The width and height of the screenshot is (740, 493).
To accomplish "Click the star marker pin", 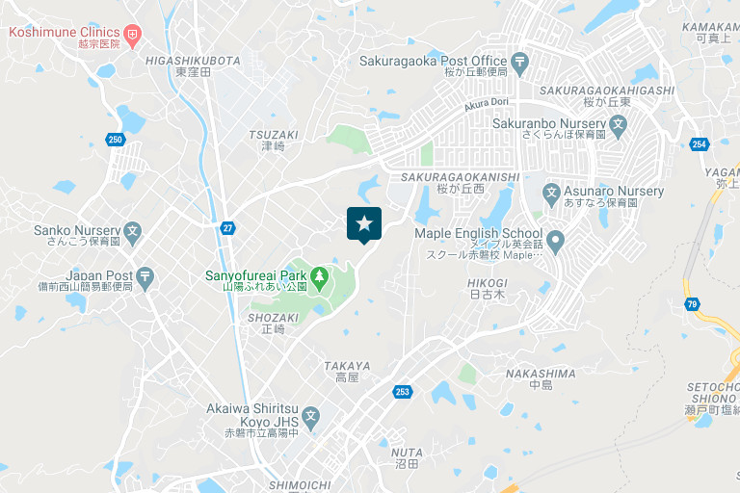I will point(364,224).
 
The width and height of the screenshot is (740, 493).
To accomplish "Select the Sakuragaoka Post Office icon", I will point(520,65).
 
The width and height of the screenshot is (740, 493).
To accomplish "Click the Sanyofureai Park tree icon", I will point(319,277).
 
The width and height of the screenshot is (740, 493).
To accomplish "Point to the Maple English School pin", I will point(555,240).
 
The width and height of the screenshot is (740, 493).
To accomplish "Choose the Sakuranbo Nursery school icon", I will point(619,124).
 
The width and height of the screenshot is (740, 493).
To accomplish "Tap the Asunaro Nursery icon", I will point(552,192).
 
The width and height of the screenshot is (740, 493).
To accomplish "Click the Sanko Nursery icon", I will point(133,231).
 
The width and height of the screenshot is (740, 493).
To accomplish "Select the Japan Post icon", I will point(145,277).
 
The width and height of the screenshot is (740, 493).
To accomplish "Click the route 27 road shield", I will point(227,228).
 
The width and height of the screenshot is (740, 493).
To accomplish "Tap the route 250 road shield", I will point(116,140).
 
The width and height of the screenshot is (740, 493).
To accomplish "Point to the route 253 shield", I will point(403,391).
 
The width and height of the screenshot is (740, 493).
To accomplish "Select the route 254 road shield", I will point(700,144).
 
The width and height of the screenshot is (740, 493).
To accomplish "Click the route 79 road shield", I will point(694,305).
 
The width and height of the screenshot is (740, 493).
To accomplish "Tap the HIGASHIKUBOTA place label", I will point(193,60).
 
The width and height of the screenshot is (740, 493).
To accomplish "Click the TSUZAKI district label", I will point(274,135).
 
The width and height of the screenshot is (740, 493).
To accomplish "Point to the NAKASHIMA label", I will point(540,373).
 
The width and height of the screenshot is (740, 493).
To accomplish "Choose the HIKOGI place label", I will point(487,282).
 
